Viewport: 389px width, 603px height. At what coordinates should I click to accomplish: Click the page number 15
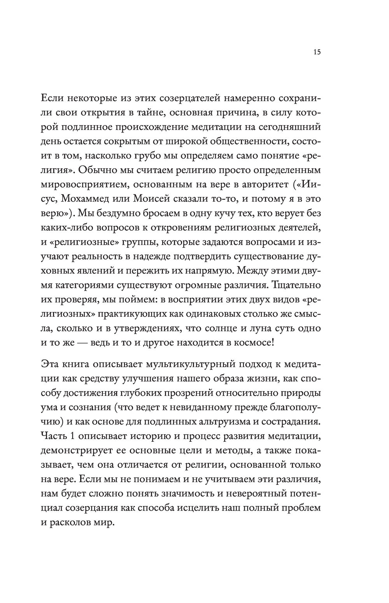pos(316,52)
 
